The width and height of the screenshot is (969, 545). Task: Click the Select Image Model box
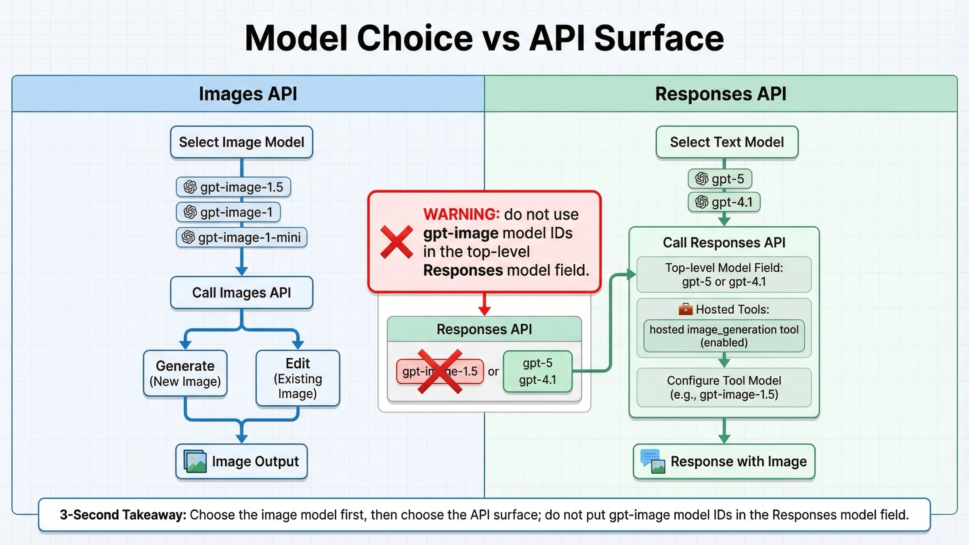(241, 142)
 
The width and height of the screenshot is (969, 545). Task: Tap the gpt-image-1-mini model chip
(241, 237)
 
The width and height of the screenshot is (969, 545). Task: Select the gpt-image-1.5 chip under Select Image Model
(233, 187)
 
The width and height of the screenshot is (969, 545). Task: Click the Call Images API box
(241, 293)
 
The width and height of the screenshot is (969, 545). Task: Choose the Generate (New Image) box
(185, 373)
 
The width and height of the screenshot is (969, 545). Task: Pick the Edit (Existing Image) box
(298, 378)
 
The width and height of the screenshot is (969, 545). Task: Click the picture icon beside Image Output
(195, 461)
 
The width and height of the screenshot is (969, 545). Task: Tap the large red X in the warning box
(396, 242)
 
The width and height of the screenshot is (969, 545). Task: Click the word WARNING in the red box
(461, 214)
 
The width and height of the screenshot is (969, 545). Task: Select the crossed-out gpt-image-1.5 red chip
(440, 371)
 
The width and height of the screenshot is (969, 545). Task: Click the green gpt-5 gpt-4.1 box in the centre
(537, 371)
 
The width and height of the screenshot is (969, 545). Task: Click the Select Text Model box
(727, 142)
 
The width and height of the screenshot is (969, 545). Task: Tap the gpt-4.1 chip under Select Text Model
(724, 202)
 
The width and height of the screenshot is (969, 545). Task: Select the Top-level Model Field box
(724, 275)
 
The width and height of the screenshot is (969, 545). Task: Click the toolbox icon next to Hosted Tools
(686, 309)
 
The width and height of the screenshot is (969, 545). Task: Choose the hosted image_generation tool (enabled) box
(724, 336)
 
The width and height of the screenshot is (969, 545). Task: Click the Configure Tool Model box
(724, 388)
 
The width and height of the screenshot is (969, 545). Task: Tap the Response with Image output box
(724, 461)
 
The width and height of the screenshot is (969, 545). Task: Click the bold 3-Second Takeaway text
(123, 515)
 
